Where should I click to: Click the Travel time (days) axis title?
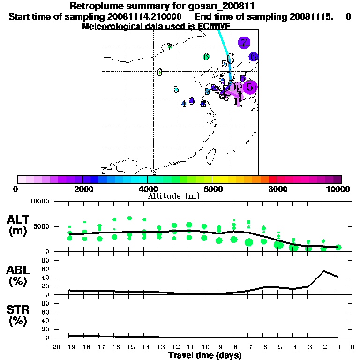point(205,355)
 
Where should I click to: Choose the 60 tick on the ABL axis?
point(47,269)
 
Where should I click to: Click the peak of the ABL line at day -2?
point(323,271)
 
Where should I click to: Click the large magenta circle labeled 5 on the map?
point(250,87)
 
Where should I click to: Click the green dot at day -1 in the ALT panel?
point(338,247)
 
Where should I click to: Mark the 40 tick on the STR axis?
point(47,320)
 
